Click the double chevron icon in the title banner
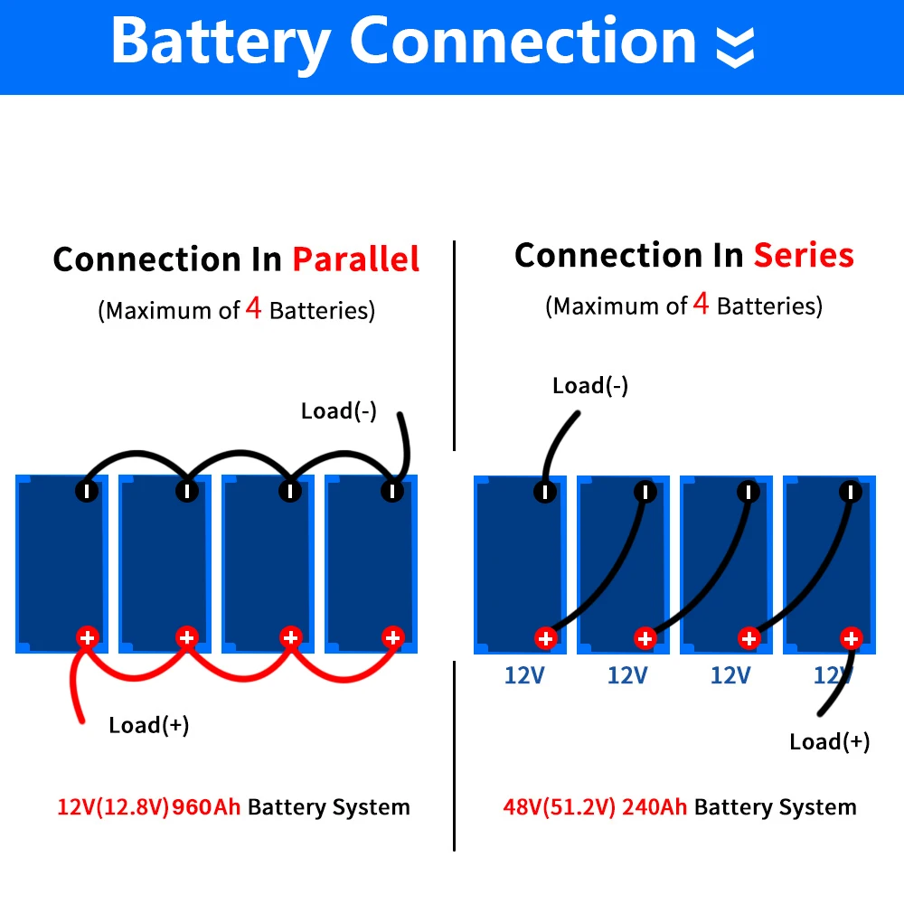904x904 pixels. pos(734,46)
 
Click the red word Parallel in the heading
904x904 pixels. pos(355,259)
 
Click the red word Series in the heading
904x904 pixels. pos(804,256)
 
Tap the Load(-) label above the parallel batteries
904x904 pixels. pos(339,411)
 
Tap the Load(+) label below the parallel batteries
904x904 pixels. pos(149,725)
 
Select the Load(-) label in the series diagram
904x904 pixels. pos(590,386)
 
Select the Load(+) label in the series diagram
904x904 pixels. pos(829,742)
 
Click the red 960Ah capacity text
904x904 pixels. pos(207,807)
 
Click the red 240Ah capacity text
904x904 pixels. pos(654,807)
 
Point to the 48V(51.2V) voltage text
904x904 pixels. pos(559,807)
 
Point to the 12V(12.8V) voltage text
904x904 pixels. pos(113,807)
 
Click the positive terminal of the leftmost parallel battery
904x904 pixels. pos(87,637)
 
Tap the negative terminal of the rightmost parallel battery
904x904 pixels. pos(392,491)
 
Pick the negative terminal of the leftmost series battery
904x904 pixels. pos(544,491)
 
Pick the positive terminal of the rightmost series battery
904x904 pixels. pos(851,638)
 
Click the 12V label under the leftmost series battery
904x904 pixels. pos(524,675)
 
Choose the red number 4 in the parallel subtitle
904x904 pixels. pos(254,309)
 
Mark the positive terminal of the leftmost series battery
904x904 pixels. pos(544,638)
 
